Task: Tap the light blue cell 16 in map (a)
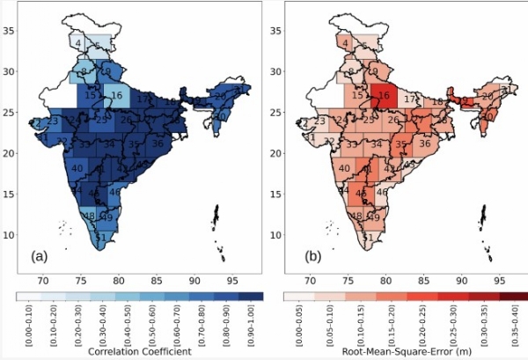pos(116,95)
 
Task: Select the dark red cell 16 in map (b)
pos(384,95)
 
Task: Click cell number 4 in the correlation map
pos(78,43)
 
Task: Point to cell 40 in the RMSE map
pos(344,168)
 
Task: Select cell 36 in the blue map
pos(158,143)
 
